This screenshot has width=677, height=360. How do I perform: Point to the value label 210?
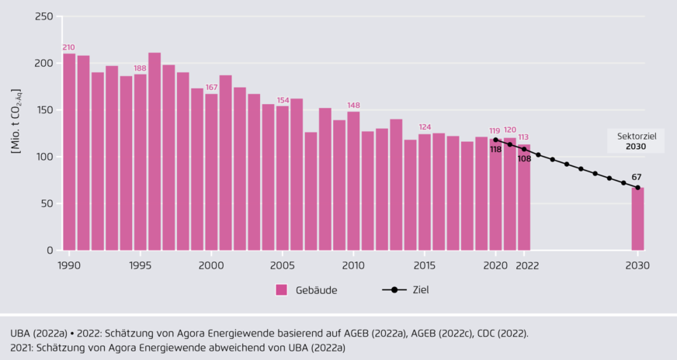[69, 47]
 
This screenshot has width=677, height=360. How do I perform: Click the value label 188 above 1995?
[140, 68]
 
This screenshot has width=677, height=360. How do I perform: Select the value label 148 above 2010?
[353, 106]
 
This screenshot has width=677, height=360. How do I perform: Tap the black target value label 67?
[637, 177]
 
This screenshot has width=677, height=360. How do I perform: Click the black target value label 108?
[524, 158]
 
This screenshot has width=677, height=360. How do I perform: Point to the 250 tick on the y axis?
[43, 16]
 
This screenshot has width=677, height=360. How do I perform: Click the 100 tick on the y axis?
[43, 157]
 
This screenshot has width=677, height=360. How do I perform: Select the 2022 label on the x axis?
[524, 265]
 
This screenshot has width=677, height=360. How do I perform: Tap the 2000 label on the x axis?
[211, 265]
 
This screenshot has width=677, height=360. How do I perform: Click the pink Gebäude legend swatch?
[281, 290]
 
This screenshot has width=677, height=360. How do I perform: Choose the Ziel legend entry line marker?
[394, 290]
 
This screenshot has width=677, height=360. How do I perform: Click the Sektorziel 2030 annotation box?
[636, 140]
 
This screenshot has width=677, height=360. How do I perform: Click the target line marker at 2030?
[637, 188]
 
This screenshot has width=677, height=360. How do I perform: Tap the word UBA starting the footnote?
[22, 333]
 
